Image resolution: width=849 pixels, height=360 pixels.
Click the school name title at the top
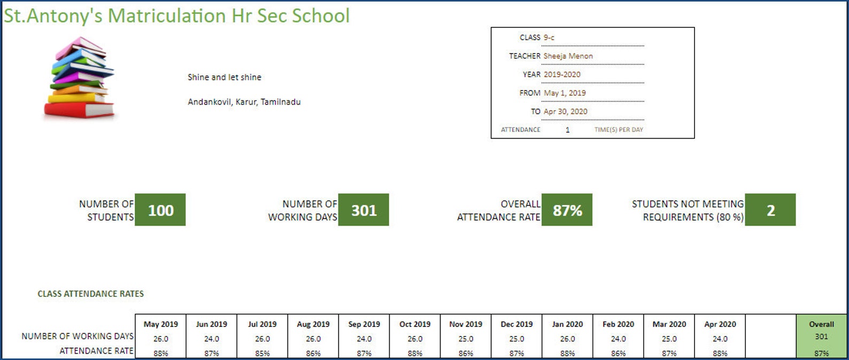(x=176, y=16)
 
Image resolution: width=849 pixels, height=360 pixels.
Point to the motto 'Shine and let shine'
(x=224, y=77)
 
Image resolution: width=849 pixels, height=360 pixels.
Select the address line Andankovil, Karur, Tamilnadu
(x=244, y=102)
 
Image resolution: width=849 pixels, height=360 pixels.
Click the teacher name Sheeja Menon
(x=568, y=56)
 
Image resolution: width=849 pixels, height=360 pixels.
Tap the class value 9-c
(x=549, y=37)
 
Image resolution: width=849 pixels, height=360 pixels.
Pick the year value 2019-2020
(x=562, y=74)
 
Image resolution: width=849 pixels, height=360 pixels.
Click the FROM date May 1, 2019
(x=565, y=93)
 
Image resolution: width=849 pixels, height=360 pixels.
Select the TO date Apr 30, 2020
(x=565, y=111)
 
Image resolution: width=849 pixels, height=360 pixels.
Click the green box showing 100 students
(x=160, y=210)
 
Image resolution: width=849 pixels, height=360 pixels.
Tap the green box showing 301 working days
(x=364, y=210)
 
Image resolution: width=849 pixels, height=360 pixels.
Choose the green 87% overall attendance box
(x=567, y=210)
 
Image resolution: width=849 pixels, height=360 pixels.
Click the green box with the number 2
(x=770, y=210)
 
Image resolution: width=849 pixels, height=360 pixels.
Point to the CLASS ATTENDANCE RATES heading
(x=90, y=294)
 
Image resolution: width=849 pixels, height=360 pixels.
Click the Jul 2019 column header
(x=262, y=324)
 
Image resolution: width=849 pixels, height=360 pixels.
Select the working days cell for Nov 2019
(x=466, y=339)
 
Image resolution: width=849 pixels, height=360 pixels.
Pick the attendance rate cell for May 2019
(x=160, y=353)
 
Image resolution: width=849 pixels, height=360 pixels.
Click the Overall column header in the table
(x=821, y=324)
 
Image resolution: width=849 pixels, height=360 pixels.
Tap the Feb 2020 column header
(x=618, y=324)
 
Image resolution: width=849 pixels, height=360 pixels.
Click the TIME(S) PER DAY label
(x=619, y=129)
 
